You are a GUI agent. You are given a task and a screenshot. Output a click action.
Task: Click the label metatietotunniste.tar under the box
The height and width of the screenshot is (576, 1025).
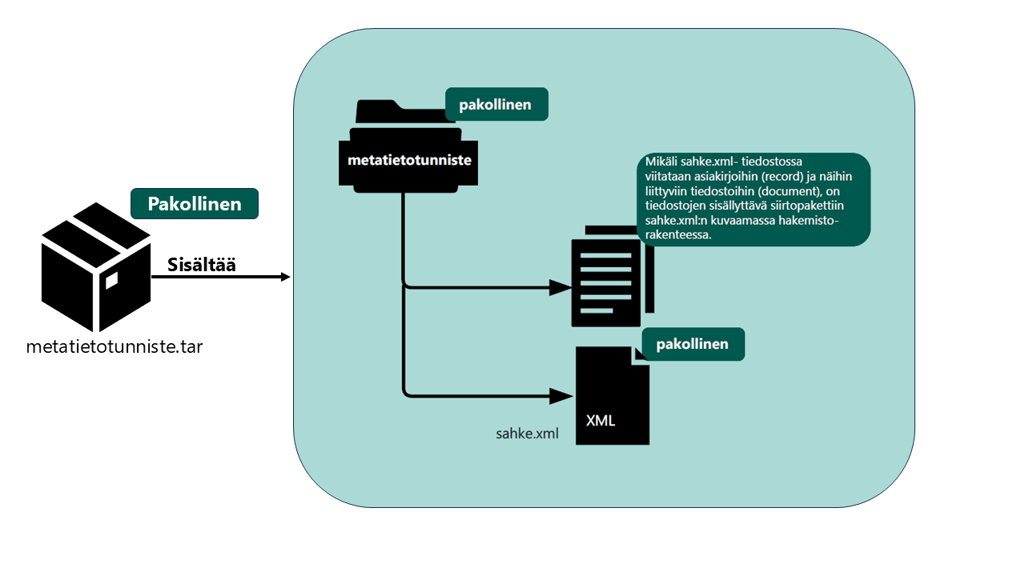pyautogui.click(x=114, y=348)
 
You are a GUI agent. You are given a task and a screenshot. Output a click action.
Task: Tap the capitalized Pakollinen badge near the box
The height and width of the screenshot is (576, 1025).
pyautogui.click(x=194, y=204)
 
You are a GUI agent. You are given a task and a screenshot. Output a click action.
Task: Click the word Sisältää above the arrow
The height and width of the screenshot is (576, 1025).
pyautogui.click(x=202, y=265)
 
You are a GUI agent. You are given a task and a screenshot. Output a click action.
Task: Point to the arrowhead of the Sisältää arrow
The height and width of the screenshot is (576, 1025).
pyautogui.click(x=285, y=277)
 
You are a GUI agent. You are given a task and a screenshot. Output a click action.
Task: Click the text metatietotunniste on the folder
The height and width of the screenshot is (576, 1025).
pyautogui.click(x=409, y=160)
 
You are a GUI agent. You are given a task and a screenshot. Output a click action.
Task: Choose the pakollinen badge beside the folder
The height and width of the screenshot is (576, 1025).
pyautogui.click(x=496, y=104)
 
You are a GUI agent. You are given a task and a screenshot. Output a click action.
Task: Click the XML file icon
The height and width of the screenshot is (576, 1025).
pyautogui.click(x=613, y=396)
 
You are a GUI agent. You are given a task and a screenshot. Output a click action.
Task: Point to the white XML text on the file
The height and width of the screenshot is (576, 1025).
pyautogui.click(x=601, y=420)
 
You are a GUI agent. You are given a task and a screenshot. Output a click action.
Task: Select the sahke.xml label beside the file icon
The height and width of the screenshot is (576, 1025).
pyautogui.click(x=527, y=434)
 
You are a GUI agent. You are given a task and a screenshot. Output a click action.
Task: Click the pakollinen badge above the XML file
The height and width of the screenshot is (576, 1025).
pyautogui.click(x=693, y=344)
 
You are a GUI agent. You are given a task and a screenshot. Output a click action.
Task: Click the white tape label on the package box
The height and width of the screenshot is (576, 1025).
pyautogui.click(x=111, y=280)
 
